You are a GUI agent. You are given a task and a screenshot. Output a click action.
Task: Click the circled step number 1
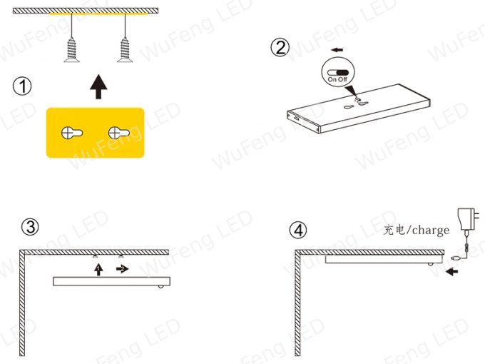coord(22,86)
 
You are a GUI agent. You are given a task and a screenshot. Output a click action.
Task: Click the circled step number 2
coord(280,47)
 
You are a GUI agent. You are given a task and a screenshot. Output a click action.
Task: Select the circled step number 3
coord(30,227)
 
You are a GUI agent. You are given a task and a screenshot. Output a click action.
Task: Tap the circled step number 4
coord(298,230)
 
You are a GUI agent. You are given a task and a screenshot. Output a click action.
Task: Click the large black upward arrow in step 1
coord(98,86)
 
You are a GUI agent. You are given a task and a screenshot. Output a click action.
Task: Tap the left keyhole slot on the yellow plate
coord(72,133)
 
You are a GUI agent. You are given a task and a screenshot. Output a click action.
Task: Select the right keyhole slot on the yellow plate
coord(119,133)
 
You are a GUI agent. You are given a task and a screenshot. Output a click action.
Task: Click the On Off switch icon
coord(338,73)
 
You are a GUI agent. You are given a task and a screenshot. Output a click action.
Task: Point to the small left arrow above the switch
coord(337,50)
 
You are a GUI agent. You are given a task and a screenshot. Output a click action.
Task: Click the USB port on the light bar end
coord(295,118)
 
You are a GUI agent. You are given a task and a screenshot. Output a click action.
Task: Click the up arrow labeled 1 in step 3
coord(98,270)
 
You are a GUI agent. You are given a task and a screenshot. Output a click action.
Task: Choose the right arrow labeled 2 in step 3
coord(123,268)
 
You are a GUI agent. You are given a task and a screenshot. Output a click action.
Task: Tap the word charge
coord(431,231)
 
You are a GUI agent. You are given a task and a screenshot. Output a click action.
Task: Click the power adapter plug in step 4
coord(469,219)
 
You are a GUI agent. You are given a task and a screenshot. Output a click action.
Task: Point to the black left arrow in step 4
coord(452,272)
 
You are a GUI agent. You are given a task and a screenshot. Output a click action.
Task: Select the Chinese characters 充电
coord(394,230)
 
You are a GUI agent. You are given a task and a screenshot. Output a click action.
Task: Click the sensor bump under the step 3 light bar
coord(161,287)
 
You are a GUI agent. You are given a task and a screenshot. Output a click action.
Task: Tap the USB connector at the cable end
coord(456,257)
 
